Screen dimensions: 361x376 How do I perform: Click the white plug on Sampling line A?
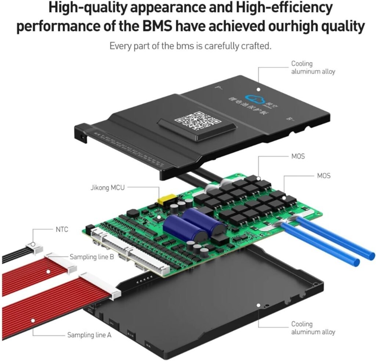point(101,285)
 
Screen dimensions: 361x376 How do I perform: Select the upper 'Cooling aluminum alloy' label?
point(313,68)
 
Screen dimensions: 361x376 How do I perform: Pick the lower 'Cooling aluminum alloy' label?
point(313,328)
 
